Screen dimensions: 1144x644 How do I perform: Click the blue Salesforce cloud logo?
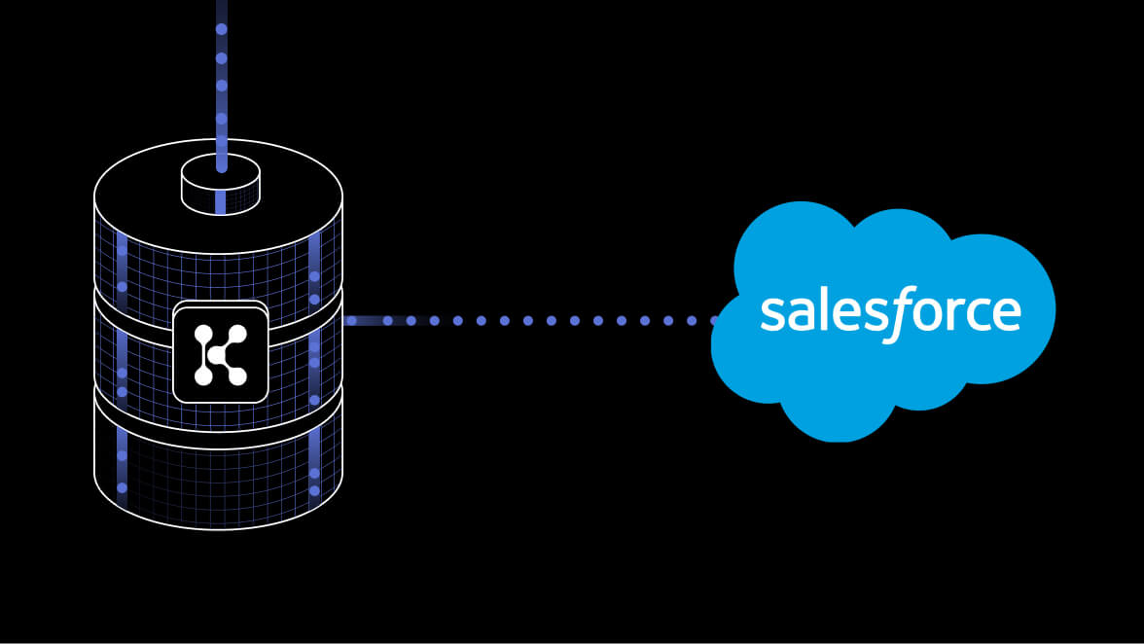[883, 322]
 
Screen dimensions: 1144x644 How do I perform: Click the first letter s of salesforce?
[772, 312]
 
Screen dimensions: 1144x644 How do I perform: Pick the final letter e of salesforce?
[1006, 312]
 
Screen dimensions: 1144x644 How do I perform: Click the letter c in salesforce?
[973, 312]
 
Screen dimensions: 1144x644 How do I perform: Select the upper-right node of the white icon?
[237, 334]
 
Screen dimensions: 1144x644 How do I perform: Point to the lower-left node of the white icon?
[203, 376]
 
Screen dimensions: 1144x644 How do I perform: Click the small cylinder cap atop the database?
[220, 185]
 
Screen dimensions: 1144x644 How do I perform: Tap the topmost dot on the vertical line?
[222, 29]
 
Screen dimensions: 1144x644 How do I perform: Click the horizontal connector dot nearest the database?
[352, 320]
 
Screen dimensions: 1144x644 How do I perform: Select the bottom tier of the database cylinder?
[218, 459]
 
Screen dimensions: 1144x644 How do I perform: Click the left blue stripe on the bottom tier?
[122, 468]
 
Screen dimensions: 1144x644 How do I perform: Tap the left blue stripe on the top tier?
[122, 269]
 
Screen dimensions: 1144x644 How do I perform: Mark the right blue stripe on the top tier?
[314, 268]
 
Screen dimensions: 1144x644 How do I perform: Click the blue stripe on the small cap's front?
[221, 202]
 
